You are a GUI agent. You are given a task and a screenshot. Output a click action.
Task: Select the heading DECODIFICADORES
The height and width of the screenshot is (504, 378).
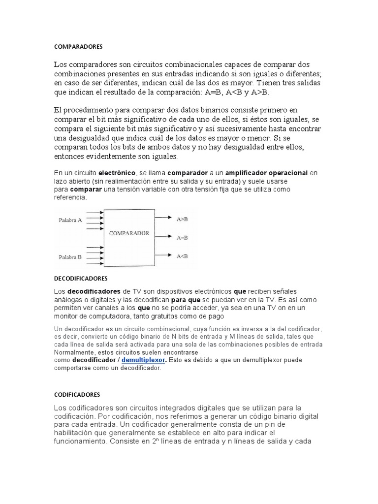coord(80,278)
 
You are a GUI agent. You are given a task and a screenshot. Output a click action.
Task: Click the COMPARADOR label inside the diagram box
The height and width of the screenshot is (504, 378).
coord(129,233)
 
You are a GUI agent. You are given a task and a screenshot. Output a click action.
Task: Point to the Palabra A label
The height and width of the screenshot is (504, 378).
coord(70,220)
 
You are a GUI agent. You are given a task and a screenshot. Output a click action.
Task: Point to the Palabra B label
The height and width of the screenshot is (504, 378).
coord(70,257)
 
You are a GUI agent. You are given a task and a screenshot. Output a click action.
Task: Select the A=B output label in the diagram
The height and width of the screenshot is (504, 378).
coord(182,237)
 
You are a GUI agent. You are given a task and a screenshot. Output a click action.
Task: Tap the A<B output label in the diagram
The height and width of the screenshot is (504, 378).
coord(182,255)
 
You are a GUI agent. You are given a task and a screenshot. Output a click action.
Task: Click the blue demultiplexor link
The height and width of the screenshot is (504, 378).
coord(144,360)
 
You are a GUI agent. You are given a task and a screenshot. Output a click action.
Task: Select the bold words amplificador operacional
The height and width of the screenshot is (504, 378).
coord(267,173)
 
